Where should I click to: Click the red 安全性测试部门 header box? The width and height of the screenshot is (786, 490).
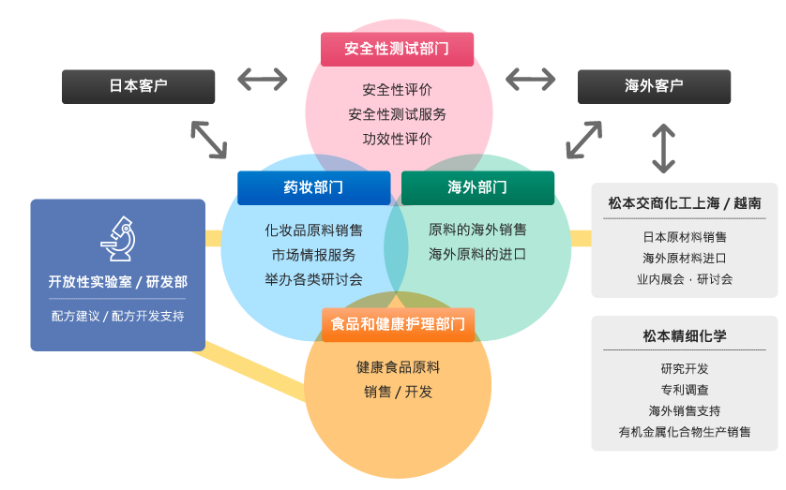(x=397, y=49)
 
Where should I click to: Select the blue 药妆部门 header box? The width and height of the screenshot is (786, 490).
(x=313, y=187)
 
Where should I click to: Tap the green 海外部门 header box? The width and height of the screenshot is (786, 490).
(x=477, y=187)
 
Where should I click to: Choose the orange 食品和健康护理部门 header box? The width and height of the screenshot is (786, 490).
(x=398, y=324)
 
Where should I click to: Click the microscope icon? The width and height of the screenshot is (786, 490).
(x=118, y=239)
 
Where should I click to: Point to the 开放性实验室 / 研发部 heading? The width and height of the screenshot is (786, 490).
(x=118, y=282)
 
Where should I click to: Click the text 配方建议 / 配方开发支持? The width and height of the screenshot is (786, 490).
(x=118, y=317)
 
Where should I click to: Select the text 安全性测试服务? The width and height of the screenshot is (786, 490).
(x=398, y=114)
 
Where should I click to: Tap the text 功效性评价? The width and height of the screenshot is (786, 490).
(x=398, y=139)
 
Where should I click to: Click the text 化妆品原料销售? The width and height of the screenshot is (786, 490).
(x=313, y=230)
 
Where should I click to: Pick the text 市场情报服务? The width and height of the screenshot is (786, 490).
(x=313, y=255)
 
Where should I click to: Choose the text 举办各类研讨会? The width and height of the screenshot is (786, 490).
(x=313, y=279)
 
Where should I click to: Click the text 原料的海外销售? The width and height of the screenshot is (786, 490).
(x=477, y=230)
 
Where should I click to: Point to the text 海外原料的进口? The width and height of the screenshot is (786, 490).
(x=477, y=254)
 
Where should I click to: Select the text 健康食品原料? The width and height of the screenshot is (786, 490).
(x=398, y=367)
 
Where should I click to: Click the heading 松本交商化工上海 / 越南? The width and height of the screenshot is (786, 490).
(x=685, y=203)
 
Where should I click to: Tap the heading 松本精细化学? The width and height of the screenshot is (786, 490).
(x=685, y=335)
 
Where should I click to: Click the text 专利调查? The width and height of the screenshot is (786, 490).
(x=685, y=390)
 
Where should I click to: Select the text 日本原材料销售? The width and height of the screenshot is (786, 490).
(x=685, y=237)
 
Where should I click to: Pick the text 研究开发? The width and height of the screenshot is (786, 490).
(x=685, y=368)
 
